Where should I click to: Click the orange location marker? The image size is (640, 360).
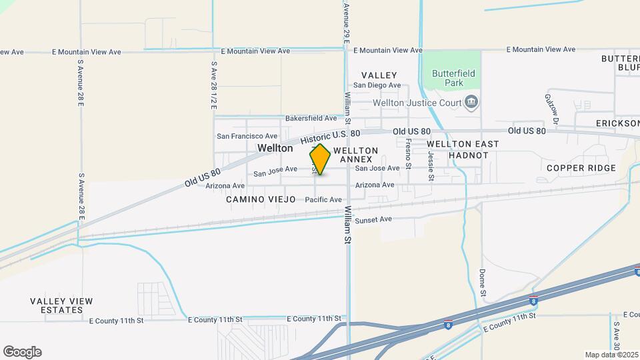(x=320, y=159)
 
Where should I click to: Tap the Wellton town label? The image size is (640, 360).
(x=275, y=148)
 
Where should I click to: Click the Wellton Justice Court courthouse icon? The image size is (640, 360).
(x=472, y=102)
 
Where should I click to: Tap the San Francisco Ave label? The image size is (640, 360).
(x=247, y=136)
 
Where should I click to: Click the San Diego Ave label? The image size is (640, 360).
(x=377, y=85)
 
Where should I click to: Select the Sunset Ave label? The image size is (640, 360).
(x=373, y=219)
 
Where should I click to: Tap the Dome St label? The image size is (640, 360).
(x=482, y=283)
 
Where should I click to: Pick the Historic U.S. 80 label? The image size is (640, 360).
(x=330, y=138)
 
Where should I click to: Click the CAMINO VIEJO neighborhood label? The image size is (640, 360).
(x=260, y=199)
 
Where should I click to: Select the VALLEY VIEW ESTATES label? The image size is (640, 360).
(x=61, y=306)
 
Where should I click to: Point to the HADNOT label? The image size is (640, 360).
(x=469, y=155)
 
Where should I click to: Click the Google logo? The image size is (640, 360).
(x=22, y=352)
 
